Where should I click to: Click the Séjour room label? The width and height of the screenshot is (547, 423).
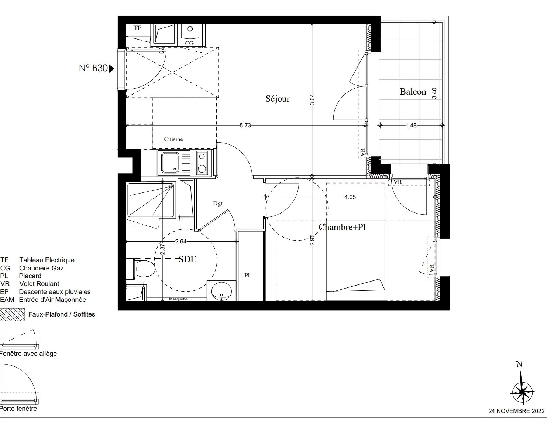point(278,99)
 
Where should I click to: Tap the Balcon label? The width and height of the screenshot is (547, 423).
point(413,92)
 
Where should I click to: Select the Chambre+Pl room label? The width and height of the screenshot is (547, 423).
point(342,227)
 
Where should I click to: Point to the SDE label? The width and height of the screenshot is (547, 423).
point(187,259)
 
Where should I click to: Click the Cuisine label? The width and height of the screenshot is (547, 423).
point(173,139)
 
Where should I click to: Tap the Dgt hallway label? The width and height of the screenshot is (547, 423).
point(218,204)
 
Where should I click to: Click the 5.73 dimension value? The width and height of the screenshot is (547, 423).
point(245,126)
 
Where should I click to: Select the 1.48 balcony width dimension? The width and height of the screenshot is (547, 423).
point(411,125)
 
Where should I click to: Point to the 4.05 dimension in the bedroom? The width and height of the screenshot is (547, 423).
point(350,197)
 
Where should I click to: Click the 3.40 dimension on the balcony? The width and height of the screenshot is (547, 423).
point(434,93)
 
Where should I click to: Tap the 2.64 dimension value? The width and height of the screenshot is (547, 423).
point(181,242)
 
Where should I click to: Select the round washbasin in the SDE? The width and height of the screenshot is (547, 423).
point(221,291)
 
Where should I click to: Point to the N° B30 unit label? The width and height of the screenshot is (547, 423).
point(93,68)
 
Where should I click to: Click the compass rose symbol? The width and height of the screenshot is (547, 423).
point(522,392)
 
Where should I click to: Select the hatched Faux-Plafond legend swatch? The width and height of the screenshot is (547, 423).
point(12,315)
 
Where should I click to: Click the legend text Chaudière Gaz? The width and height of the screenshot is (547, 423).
point(41,268)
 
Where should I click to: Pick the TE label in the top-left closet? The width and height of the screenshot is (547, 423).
point(138,28)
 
